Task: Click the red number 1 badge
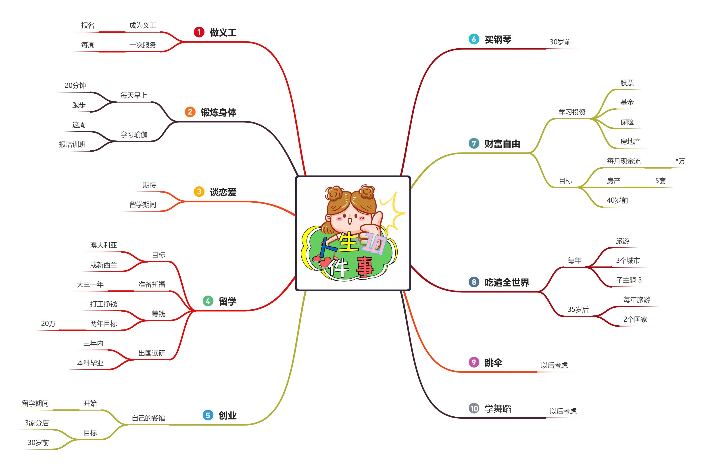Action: tap(199, 32)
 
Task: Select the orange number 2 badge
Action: tap(190, 112)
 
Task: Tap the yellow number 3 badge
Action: tap(199, 191)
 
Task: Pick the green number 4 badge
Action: tap(208, 301)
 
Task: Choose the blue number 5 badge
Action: tap(208, 415)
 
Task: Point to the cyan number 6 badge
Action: tap(473, 39)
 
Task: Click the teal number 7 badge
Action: tap(473, 143)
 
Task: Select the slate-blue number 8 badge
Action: tap(473, 282)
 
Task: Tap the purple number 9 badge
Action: tap(473, 362)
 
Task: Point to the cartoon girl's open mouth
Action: tap(349, 222)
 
